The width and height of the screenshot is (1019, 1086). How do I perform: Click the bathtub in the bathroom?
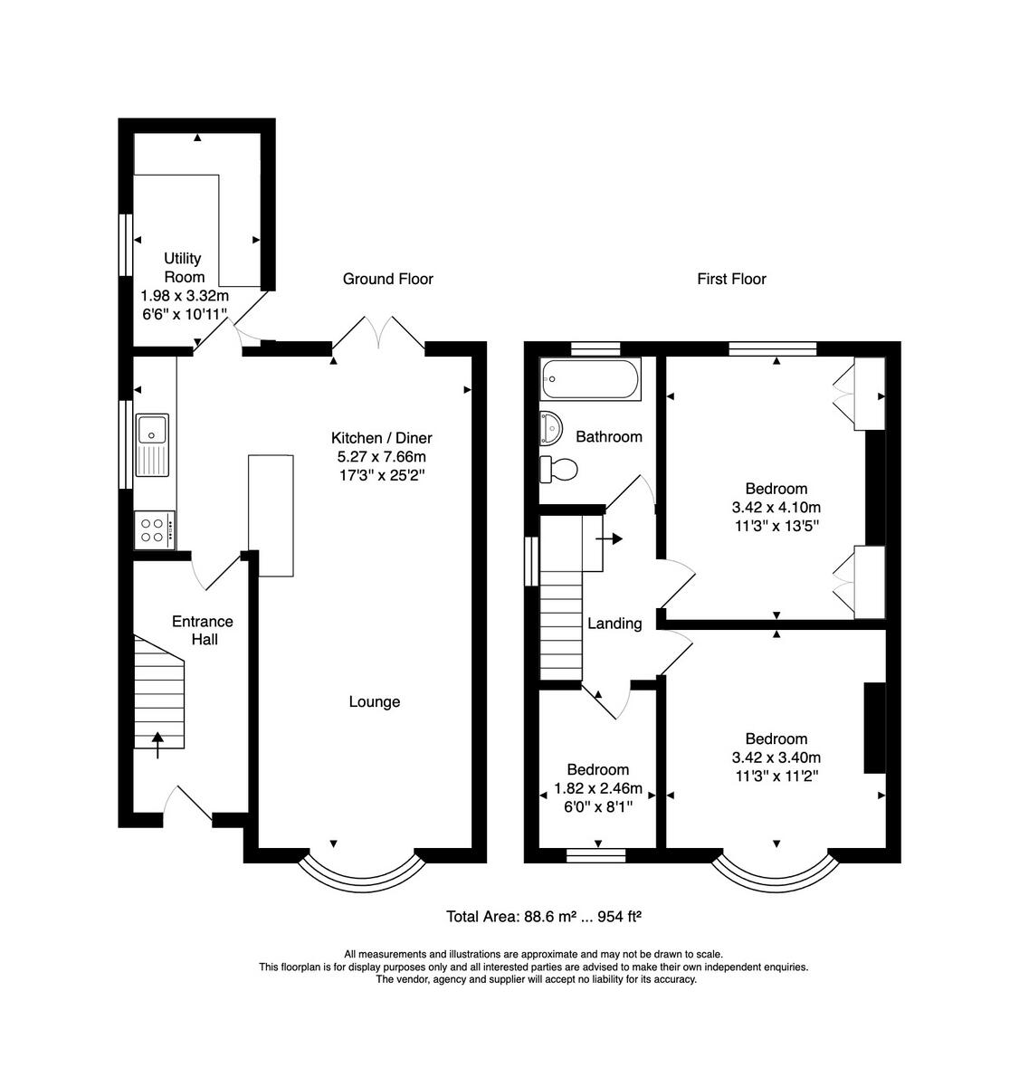(x=590, y=378)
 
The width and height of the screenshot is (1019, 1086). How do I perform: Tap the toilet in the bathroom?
(x=558, y=469)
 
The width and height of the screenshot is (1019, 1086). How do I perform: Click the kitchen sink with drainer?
(x=152, y=444)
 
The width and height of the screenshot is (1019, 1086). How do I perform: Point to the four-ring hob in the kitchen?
(x=155, y=529)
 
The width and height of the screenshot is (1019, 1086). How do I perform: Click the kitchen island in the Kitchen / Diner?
(x=271, y=515)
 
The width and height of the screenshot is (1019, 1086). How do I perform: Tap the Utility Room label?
(x=184, y=267)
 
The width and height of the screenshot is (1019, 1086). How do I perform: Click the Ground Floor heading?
(x=388, y=279)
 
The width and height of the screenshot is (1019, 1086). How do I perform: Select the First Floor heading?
(x=731, y=279)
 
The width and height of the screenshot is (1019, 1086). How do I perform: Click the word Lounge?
(x=374, y=701)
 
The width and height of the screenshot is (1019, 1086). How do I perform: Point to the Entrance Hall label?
(x=203, y=630)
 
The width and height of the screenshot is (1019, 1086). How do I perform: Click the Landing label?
(x=614, y=624)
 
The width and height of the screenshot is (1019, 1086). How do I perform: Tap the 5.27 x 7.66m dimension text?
(x=381, y=456)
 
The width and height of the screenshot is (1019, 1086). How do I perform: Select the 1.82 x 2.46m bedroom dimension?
(x=598, y=788)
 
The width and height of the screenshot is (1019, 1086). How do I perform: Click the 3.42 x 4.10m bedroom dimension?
(x=776, y=507)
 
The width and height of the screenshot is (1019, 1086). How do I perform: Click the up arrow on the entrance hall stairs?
(x=157, y=745)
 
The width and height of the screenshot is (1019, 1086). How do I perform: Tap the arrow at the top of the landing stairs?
(x=609, y=538)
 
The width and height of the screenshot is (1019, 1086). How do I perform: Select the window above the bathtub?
(x=595, y=348)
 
